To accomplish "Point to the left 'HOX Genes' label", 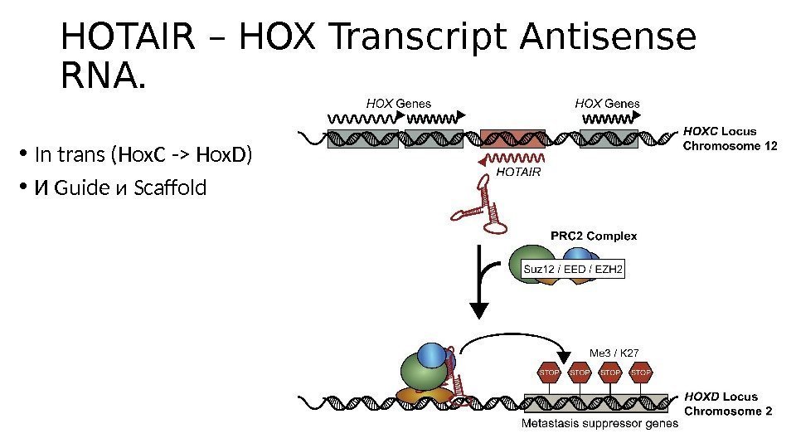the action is point(399,104).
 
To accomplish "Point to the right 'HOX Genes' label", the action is point(607,104).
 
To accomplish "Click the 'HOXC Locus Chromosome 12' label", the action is point(729,139).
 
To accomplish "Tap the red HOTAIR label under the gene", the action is point(518,173).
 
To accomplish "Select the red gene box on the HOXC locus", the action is point(512,139).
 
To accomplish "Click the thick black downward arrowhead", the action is point(480,310).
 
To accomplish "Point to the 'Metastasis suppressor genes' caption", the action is point(599,423).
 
